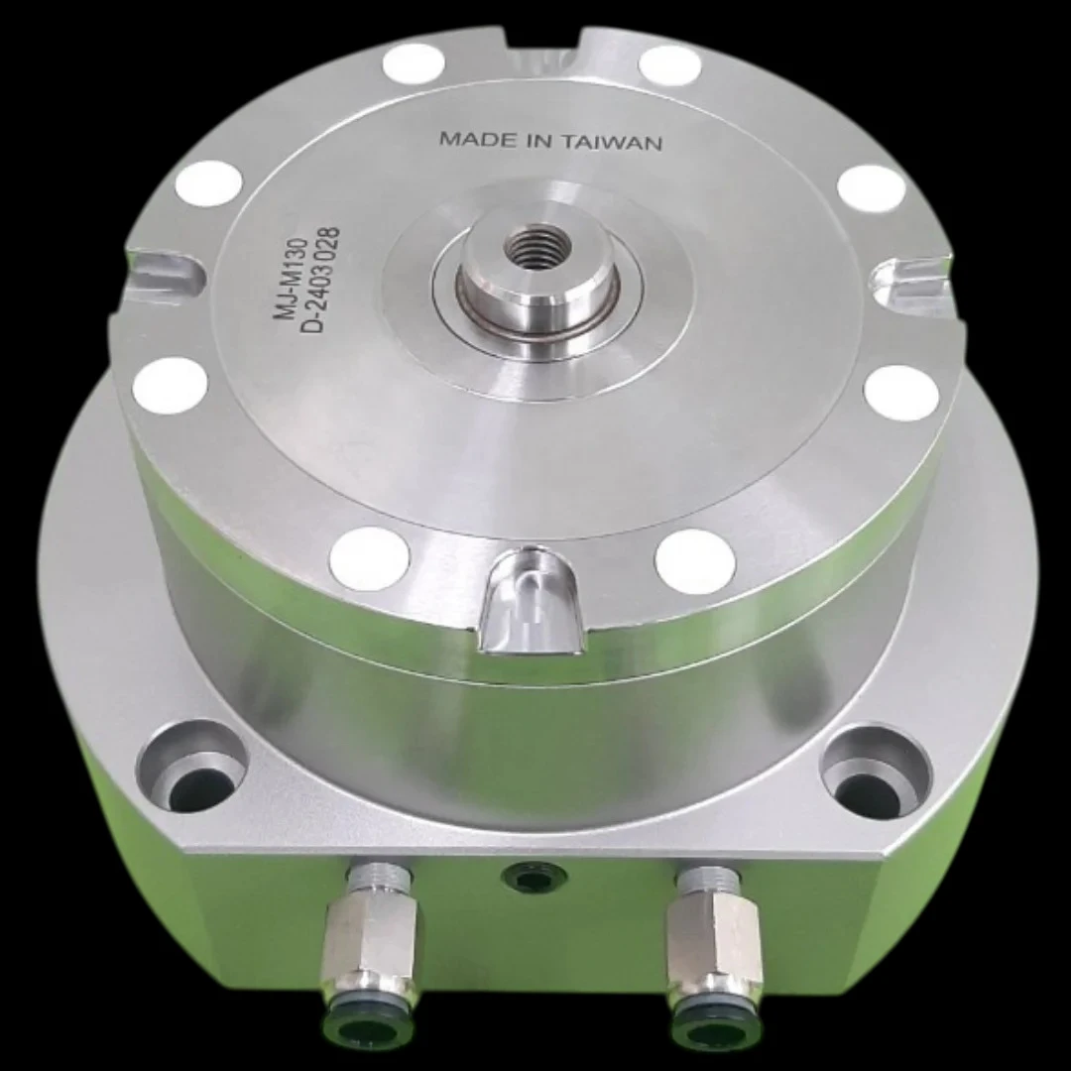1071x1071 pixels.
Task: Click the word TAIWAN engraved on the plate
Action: (x=614, y=142)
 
